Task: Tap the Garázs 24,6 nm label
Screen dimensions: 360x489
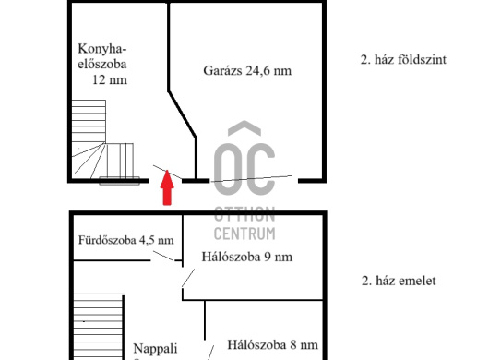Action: [x=246, y=70]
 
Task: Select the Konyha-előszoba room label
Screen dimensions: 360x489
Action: [x=102, y=65]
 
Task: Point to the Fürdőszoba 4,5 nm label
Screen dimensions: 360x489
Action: [x=125, y=241]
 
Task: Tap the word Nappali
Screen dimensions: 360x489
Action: [x=155, y=349]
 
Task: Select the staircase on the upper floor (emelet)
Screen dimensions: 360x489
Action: [x=91, y=323]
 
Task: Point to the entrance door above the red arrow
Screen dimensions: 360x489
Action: [x=167, y=173]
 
